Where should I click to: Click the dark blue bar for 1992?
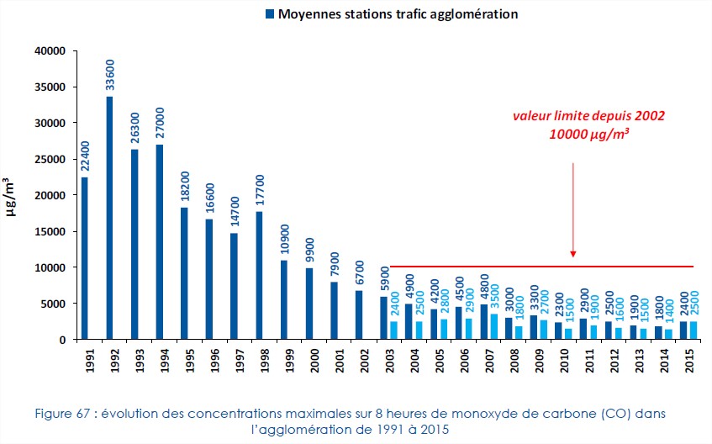[x=109, y=218]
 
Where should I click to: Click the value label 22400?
[x=84, y=156]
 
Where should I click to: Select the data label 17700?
[x=260, y=189]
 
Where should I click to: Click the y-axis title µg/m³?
[x=12, y=195]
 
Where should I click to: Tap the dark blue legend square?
[x=269, y=14]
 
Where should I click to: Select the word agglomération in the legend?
[x=470, y=14]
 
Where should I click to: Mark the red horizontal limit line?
[x=538, y=267]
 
